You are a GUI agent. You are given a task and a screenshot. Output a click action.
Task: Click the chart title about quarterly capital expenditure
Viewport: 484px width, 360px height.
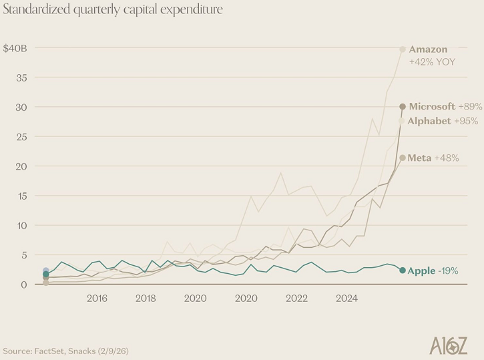coord(113,11)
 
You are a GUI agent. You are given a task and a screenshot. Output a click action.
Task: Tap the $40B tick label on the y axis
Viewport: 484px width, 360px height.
coord(14,48)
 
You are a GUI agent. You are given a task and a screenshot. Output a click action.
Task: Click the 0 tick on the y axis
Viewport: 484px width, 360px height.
coord(23,285)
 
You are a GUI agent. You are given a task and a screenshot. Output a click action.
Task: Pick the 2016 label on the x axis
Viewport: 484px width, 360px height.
coord(96,298)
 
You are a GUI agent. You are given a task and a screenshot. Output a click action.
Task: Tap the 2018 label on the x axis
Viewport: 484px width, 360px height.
coord(146,298)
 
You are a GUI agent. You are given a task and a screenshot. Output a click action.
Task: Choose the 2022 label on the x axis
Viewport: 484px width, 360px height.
coord(297,298)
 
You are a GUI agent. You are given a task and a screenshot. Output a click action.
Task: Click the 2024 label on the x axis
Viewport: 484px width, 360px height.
coord(347,298)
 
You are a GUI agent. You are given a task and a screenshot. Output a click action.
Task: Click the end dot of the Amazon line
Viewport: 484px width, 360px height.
coord(403,49)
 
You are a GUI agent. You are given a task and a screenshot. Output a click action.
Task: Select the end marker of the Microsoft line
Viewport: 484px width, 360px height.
coord(403,106)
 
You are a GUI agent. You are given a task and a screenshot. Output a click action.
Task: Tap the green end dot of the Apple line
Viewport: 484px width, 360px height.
coord(402,270)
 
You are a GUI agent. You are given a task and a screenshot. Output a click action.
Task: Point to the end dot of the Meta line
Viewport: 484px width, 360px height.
coord(402,158)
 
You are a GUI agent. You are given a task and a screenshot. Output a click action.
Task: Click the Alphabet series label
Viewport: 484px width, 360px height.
coord(430,121)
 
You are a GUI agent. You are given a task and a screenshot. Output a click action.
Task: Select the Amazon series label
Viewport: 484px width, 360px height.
coord(428,49)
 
